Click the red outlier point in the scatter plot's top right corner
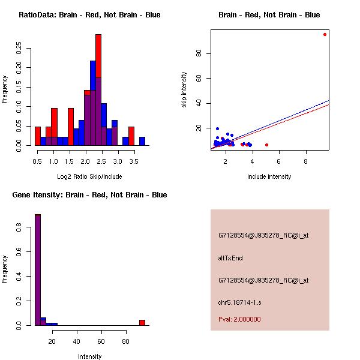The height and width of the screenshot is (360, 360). click(x=325, y=34)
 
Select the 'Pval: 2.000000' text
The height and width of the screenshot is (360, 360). click(x=239, y=319)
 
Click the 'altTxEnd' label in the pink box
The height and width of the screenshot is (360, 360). click(x=230, y=258)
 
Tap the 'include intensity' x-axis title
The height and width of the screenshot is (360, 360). click(x=269, y=176)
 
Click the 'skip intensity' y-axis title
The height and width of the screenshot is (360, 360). click(x=184, y=90)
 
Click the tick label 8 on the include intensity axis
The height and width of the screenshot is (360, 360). click(x=306, y=161)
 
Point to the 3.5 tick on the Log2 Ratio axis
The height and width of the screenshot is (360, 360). click(x=131, y=161)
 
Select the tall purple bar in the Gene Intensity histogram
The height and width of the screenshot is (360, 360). click(x=38, y=270)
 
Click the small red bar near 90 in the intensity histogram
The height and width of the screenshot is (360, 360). click(x=142, y=322)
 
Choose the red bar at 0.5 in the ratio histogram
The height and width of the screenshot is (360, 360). click(x=38, y=136)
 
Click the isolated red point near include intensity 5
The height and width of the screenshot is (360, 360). click(x=266, y=145)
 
